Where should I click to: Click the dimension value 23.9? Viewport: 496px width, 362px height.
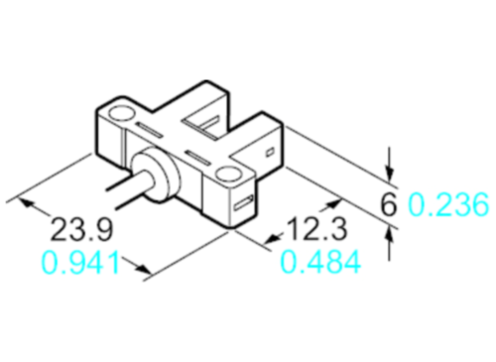click(x=82, y=230)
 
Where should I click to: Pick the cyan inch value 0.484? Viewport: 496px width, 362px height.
click(x=319, y=263)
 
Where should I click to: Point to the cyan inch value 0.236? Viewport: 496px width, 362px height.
click(x=448, y=205)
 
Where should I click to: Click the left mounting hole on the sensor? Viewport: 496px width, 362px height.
click(x=126, y=117)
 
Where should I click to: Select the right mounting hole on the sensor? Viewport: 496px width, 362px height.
click(x=230, y=177)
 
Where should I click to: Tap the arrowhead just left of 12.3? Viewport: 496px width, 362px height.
click(x=275, y=238)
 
